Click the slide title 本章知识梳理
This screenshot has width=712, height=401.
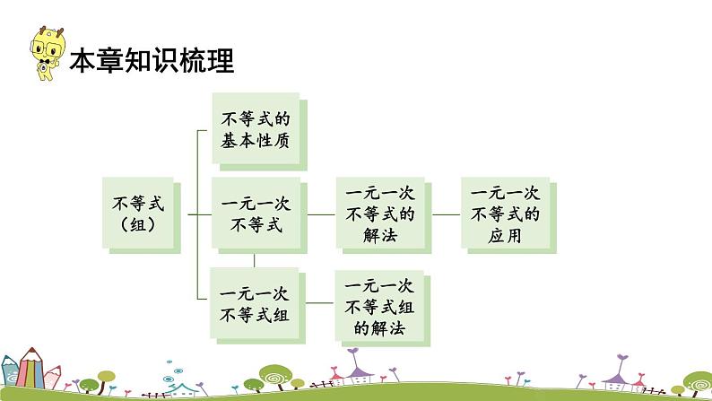pyautogui.click(x=152, y=60)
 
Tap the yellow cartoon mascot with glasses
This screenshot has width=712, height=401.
pyautogui.click(x=48, y=53)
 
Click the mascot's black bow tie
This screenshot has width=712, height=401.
pyautogui.click(x=45, y=61)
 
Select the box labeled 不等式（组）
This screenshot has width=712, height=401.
pyautogui.click(x=141, y=215)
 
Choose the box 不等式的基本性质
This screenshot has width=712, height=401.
pyautogui.click(x=259, y=132)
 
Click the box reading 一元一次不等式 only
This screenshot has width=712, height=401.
pyautogui.click(x=259, y=214)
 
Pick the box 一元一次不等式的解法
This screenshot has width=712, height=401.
pyautogui.click(x=384, y=214)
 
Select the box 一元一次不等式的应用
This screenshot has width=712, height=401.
pyautogui.click(x=508, y=214)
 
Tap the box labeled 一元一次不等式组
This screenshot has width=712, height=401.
pyautogui.click(x=257, y=306)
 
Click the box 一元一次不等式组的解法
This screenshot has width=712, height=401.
pyautogui.click(x=382, y=308)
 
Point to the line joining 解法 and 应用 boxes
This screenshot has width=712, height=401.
pyautogui.click(x=447, y=214)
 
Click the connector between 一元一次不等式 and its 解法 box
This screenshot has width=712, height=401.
pyautogui.click(x=322, y=214)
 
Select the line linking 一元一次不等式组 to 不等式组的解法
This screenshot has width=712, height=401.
pyautogui.click(x=320, y=303)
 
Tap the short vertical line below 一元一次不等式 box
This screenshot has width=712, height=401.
pyautogui.click(x=255, y=260)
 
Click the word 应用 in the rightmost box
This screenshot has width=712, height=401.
pyautogui.click(x=505, y=236)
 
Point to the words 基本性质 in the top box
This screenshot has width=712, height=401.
pyautogui.click(x=256, y=140)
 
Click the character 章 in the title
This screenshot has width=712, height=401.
pyautogui.click(x=109, y=60)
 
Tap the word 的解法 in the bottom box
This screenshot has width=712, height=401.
pyautogui.click(x=379, y=327)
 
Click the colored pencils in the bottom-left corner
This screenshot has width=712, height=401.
pyautogui.click(x=30, y=369)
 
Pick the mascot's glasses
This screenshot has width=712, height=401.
pyautogui.click(x=45, y=48)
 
